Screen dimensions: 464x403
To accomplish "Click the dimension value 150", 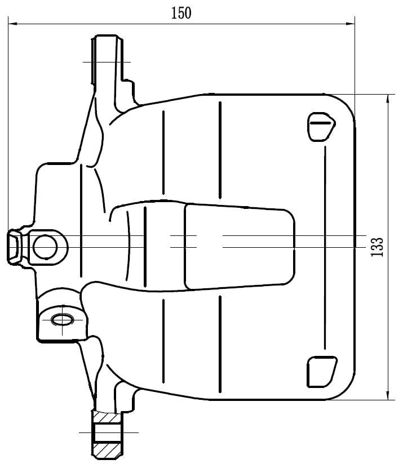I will [x=181, y=13].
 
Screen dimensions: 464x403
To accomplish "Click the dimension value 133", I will [x=378, y=247].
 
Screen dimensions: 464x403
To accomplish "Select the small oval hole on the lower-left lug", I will [x=61, y=320].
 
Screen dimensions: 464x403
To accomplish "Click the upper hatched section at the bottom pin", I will [x=107, y=417].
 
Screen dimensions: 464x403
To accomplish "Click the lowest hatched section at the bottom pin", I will [x=107, y=449].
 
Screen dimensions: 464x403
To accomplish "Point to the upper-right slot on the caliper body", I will [x=321, y=127].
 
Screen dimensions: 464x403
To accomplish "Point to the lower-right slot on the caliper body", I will [x=321, y=372].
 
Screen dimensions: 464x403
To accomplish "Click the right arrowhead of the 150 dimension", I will [x=351, y=24].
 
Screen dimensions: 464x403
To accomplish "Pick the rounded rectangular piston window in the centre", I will [x=240, y=247].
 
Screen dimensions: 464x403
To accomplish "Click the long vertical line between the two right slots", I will [x=325, y=248].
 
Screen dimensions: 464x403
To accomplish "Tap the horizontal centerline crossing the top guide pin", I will [x=107, y=61].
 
